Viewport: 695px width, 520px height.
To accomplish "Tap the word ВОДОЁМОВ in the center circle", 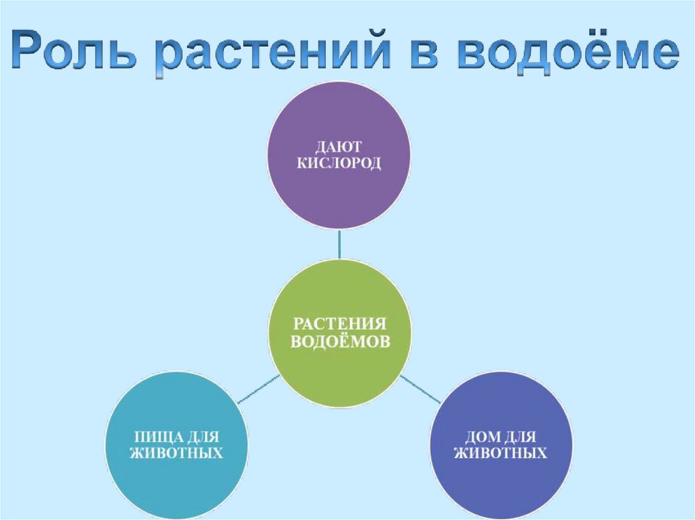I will [x=340, y=342].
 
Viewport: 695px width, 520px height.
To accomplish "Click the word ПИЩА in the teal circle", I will [x=154, y=434].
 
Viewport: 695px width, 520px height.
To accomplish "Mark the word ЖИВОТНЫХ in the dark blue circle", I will [x=500, y=453].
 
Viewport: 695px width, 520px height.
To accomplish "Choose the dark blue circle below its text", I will [x=500, y=485].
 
